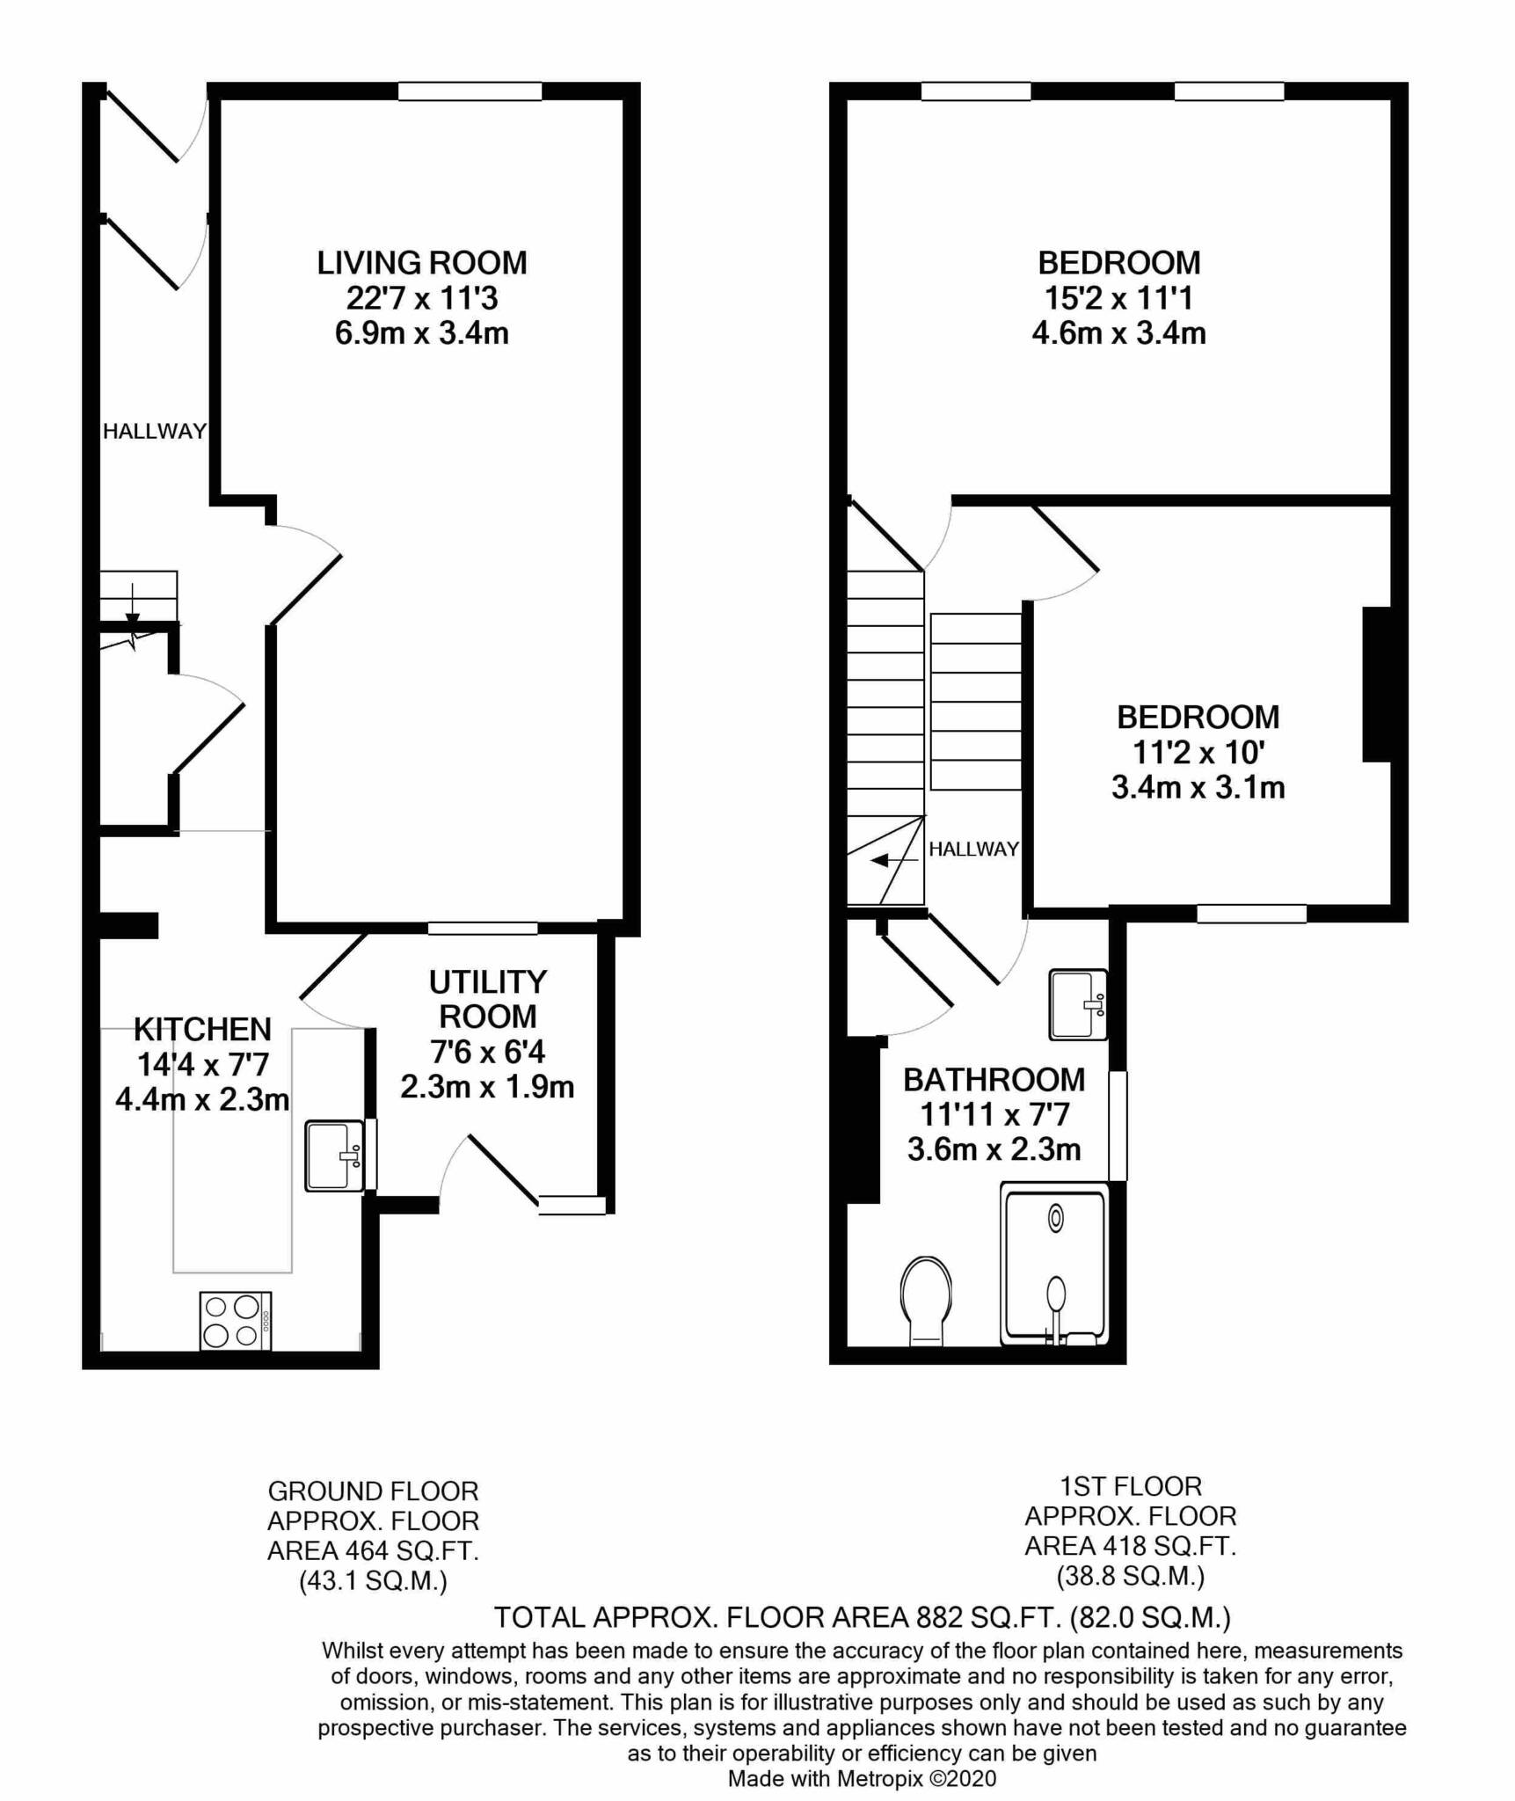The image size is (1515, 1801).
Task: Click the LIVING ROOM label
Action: (x=422, y=262)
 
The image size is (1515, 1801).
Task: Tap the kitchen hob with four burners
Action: (x=236, y=1320)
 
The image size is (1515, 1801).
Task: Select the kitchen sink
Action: (x=335, y=1156)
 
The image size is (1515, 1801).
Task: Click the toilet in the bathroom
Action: (x=926, y=1300)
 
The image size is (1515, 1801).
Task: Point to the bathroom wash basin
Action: (x=1078, y=1004)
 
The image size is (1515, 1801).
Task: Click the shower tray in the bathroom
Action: (x=1055, y=1265)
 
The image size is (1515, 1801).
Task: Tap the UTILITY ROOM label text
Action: (x=488, y=999)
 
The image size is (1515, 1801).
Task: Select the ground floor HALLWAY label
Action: (x=155, y=431)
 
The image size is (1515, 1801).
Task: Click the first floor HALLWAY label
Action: (x=974, y=849)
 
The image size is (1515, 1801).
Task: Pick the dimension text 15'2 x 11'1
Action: (x=1118, y=298)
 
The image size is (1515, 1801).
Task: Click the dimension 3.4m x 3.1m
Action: (x=1198, y=787)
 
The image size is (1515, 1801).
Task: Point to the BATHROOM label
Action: (x=994, y=1079)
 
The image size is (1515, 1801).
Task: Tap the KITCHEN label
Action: (x=202, y=1029)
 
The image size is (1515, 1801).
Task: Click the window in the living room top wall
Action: (x=470, y=91)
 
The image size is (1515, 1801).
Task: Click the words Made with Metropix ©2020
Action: (x=863, y=1779)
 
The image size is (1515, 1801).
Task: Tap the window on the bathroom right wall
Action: (x=1118, y=1125)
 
